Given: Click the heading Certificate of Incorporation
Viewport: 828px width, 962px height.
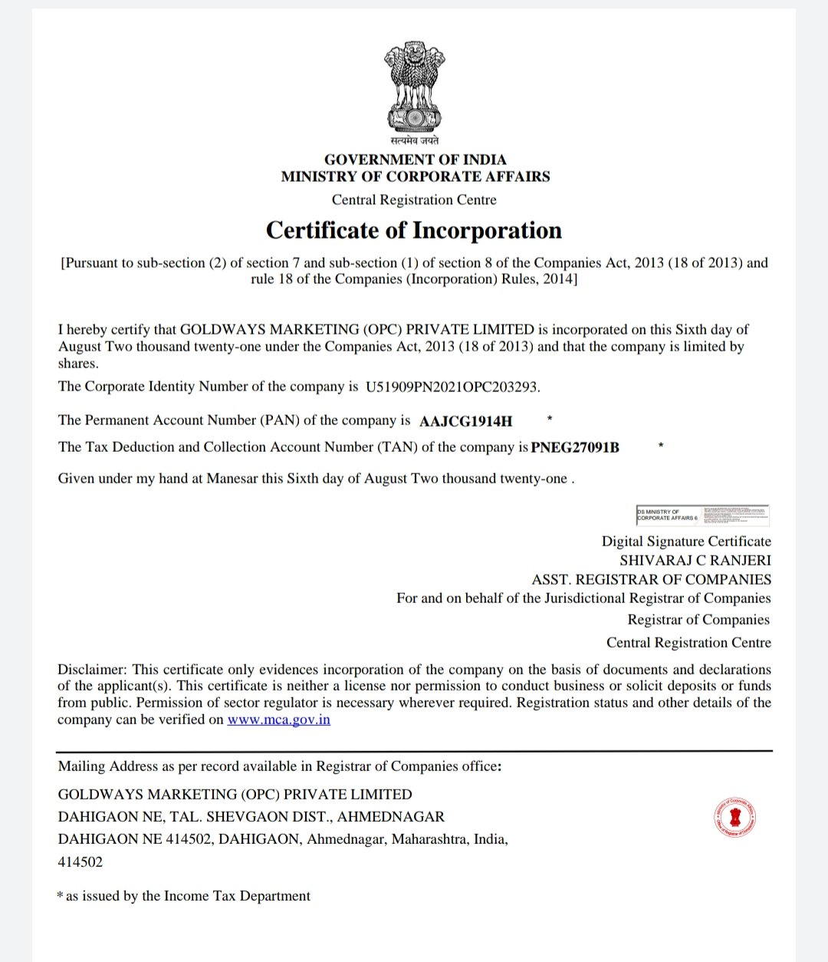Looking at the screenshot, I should click(x=414, y=231).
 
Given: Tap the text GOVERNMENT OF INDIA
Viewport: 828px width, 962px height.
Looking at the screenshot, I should click(x=415, y=160).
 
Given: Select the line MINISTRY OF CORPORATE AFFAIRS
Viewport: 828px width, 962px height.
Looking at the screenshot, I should click(x=415, y=176).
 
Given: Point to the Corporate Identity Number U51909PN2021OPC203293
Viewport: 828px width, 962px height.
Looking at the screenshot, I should click(x=452, y=387).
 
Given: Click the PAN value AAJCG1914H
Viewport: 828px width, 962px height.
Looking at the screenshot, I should click(x=466, y=421).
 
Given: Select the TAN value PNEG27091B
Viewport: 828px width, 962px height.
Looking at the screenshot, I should click(x=575, y=448).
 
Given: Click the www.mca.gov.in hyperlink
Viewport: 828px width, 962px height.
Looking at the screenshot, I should click(x=278, y=720).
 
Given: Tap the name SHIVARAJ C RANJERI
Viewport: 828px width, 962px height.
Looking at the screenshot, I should click(x=695, y=561).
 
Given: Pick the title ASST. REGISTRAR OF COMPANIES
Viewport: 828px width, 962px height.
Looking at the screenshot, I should click(x=652, y=580).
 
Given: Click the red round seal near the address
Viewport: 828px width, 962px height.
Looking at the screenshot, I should click(x=734, y=816).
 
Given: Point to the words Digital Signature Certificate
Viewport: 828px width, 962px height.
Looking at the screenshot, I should click(x=686, y=542).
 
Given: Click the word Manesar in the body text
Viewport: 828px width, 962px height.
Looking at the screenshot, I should click(x=232, y=479).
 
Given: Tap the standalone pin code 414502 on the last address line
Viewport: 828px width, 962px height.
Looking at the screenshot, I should click(x=80, y=862).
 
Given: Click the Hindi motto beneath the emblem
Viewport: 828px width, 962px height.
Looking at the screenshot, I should click(x=414, y=140).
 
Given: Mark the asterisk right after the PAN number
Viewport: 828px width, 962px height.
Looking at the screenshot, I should click(x=550, y=419).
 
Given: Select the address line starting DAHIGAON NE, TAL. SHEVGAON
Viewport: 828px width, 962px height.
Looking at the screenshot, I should click(x=251, y=817).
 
